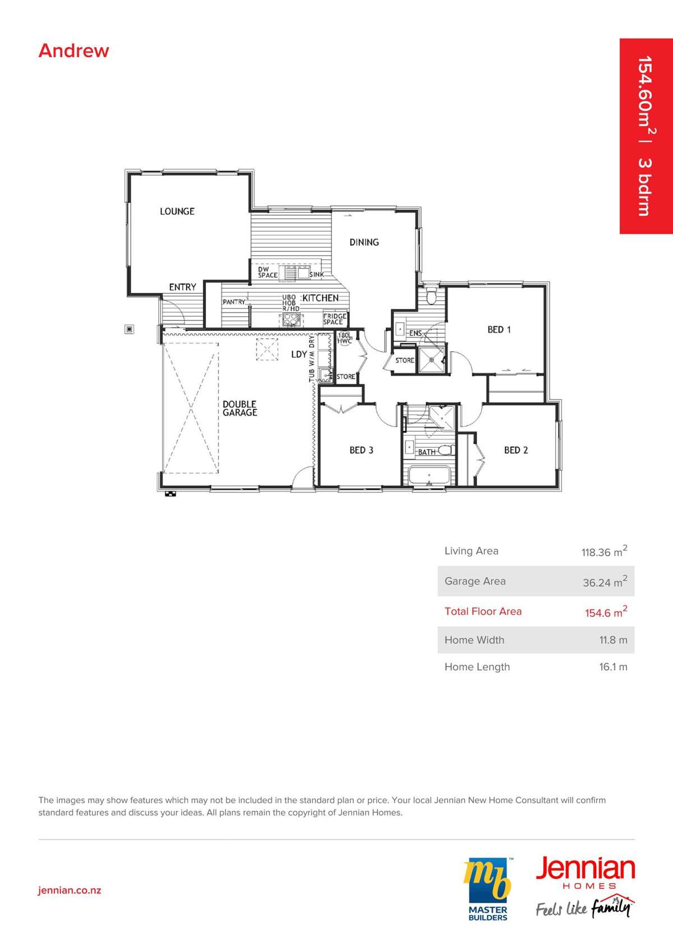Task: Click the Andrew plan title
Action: (x=73, y=50)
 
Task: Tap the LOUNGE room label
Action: (x=177, y=211)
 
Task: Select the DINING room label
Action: (x=364, y=242)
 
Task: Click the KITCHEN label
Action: (x=320, y=298)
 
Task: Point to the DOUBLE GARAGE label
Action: (x=239, y=408)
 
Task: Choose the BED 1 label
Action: (x=499, y=329)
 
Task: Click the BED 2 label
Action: (x=516, y=450)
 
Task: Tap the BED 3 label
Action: (x=362, y=450)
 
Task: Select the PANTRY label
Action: (x=234, y=302)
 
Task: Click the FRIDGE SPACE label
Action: (x=335, y=319)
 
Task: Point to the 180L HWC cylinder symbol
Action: (x=344, y=338)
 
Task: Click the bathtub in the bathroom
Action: (x=429, y=476)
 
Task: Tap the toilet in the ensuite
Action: (x=431, y=296)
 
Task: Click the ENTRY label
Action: (x=183, y=287)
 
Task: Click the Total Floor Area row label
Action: (x=483, y=611)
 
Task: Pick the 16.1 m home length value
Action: (x=613, y=667)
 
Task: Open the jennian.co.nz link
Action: (x=70, y=890)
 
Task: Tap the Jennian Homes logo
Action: (x=586, y=886)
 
